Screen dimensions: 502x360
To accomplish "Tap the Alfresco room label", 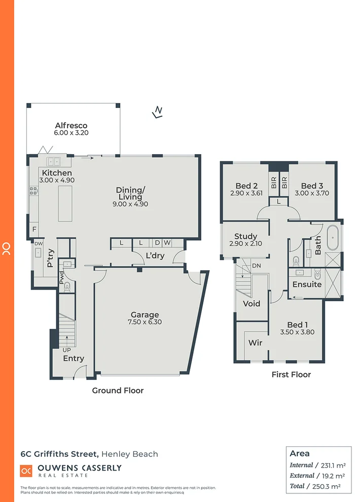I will coord(71,125).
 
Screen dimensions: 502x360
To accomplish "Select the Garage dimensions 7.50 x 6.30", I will coord(145,322).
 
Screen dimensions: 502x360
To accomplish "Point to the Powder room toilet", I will coord(67,286).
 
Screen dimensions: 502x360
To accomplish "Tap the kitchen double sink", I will coord(53,162).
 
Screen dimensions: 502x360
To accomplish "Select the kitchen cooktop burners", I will coord(33,191).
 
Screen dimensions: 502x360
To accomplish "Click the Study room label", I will coord(245,236).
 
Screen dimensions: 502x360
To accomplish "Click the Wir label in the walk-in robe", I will coord(255,343).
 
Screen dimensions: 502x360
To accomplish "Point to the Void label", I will coord(251,303).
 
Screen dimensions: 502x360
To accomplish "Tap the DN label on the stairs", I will coord(256,266).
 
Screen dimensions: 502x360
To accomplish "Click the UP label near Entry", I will coord(67,350).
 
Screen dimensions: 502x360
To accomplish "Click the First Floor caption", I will coord(291,374).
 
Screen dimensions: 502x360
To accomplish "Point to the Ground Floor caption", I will coord(118,390).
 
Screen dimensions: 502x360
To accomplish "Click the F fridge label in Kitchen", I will coord(34,229).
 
